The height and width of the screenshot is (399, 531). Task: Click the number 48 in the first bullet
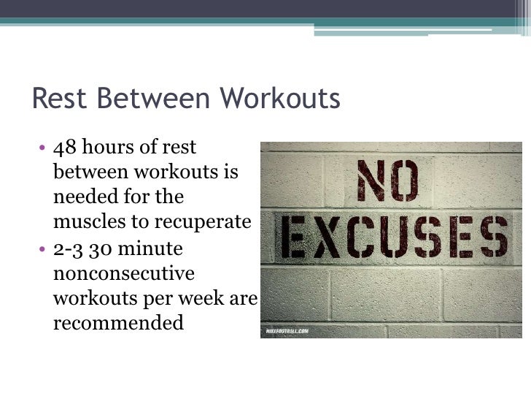(64, 148)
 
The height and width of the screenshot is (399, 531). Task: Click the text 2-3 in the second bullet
(68, 248)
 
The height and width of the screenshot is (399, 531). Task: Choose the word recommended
(118, 322)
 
